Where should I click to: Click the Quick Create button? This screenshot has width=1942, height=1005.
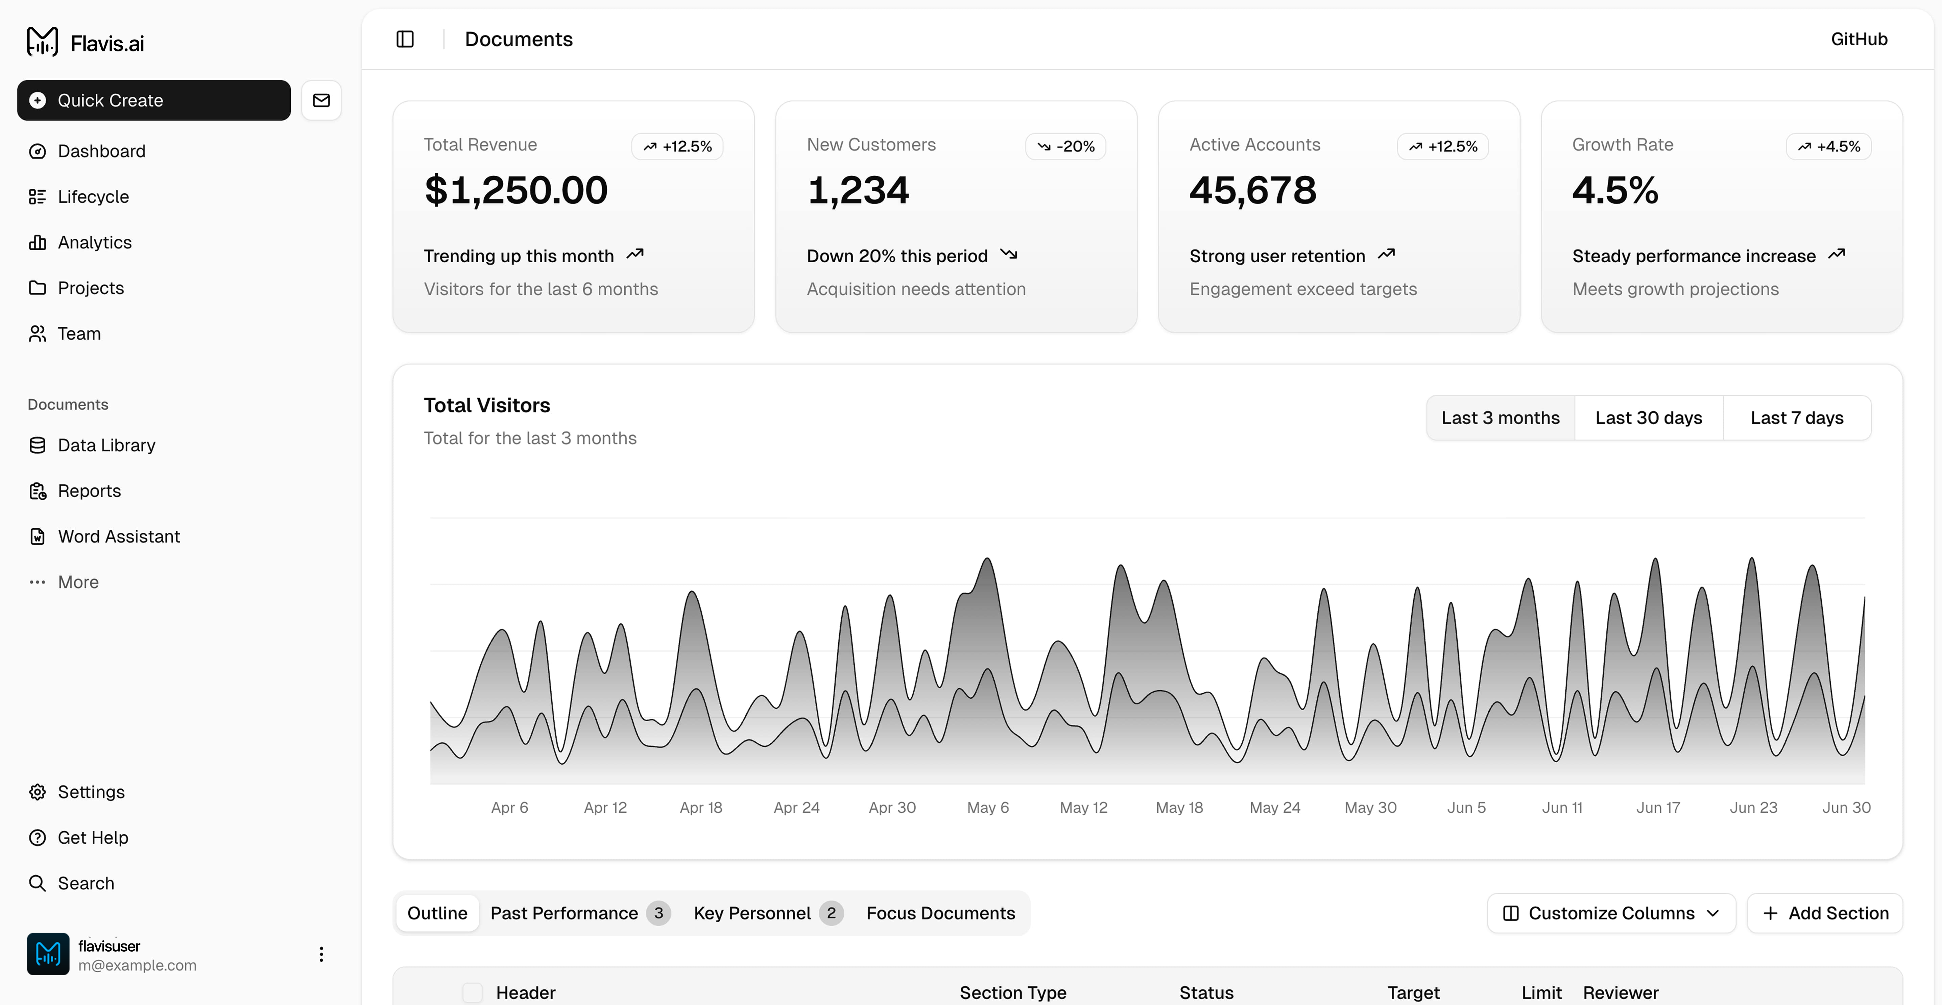click(154, 100)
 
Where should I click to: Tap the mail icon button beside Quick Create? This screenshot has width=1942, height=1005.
click(321, 100)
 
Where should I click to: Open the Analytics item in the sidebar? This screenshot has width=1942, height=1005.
click(94, 242)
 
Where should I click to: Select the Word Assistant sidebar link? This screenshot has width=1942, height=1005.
click(118, 536)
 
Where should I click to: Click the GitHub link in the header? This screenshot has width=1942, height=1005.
click(1858, 39)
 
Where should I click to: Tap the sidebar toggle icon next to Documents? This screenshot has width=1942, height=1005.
click(405, 39)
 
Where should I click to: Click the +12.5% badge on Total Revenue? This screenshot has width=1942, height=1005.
click(677, 146)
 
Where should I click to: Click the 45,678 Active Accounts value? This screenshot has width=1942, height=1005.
click(1252, 190)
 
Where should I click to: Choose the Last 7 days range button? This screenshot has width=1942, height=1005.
click(1797, 418)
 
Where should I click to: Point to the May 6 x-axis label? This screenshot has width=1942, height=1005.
click(988, 808)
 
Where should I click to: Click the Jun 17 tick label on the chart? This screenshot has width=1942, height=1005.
click(1658, 808)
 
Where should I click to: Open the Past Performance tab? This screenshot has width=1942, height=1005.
click(564, 913)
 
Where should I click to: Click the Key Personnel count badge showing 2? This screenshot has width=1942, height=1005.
click(831, 913)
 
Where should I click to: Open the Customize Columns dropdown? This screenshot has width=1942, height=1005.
click(1611, 913)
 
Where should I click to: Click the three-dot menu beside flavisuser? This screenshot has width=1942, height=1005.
click(321, 955)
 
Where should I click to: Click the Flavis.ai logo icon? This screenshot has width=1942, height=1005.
click(42, 42)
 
